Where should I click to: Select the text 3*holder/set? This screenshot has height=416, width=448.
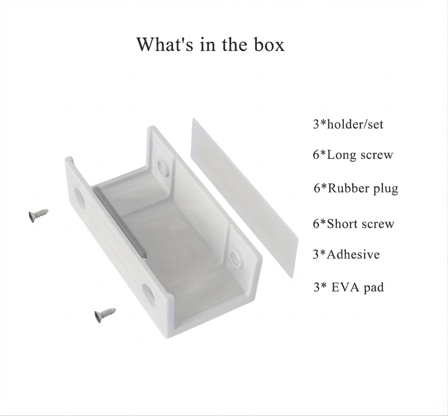click(348, 125)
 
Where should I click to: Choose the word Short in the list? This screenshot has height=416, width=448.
click(342, 224)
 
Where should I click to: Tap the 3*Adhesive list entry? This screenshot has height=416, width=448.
click(346, 255)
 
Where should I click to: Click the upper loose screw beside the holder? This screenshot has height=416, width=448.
click(39, 215)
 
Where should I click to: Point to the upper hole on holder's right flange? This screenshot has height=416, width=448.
click(163, 167)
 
